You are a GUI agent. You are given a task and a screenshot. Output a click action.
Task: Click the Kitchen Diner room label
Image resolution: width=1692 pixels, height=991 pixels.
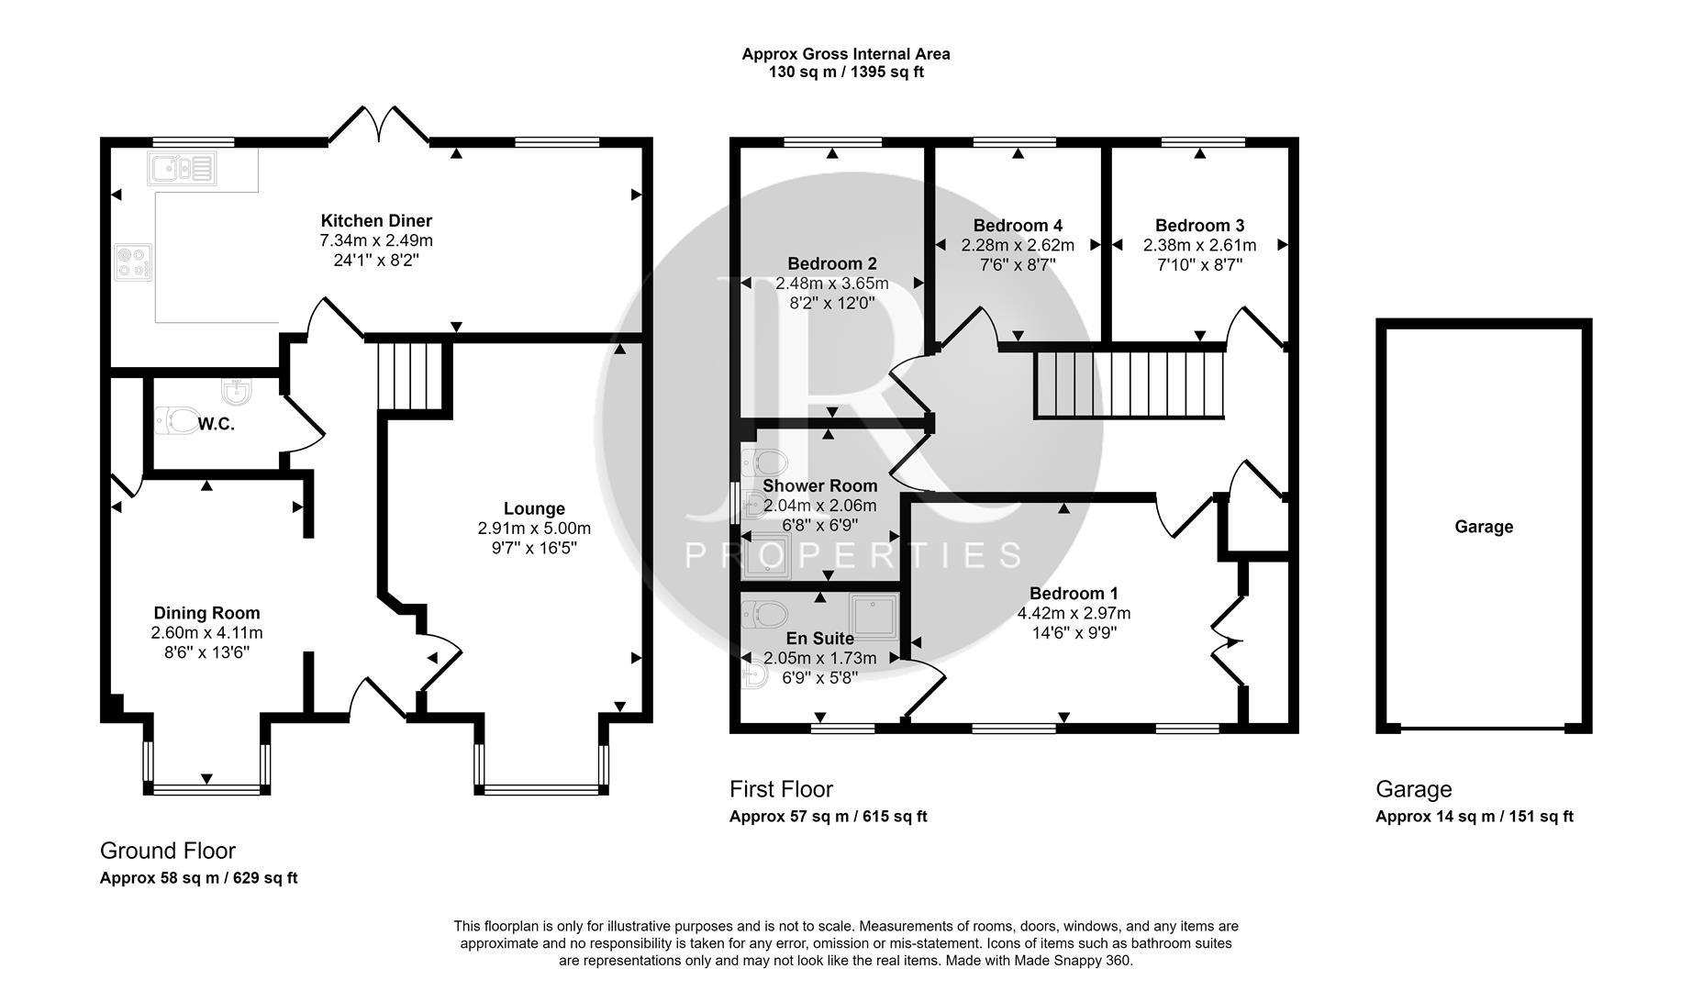375,220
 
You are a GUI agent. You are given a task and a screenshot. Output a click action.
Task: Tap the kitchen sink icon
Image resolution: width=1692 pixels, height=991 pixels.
181,169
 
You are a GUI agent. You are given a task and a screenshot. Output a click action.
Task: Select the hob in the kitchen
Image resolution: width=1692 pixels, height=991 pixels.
133,261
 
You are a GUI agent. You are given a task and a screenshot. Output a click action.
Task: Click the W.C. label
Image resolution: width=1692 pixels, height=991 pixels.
217,424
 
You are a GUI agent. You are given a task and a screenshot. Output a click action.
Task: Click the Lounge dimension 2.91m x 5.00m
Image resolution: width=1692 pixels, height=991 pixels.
534,529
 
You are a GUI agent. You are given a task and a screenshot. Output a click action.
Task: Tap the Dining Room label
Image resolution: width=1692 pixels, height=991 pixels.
206,613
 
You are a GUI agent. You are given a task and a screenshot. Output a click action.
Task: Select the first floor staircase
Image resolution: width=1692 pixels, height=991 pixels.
1130,383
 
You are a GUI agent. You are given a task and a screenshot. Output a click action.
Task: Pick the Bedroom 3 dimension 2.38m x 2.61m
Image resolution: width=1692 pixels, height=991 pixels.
1199,245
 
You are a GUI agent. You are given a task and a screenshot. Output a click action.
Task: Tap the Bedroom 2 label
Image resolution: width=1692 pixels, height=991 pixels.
831,263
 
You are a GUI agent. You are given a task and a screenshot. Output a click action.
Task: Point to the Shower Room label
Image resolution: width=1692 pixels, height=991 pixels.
819,485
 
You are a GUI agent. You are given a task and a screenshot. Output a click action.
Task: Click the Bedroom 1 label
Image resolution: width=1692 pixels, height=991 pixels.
1073,593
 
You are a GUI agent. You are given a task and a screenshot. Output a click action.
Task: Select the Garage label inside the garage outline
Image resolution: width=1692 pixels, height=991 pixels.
1483,527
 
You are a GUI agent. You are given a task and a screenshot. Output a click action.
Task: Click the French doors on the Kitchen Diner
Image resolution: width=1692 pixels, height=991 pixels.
379,126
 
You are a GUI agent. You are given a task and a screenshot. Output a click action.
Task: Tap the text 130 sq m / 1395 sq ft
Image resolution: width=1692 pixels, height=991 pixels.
845,72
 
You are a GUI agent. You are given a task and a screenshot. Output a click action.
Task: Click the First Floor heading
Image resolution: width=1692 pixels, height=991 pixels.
781,789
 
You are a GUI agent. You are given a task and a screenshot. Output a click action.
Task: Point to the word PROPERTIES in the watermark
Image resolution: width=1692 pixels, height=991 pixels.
853,555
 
